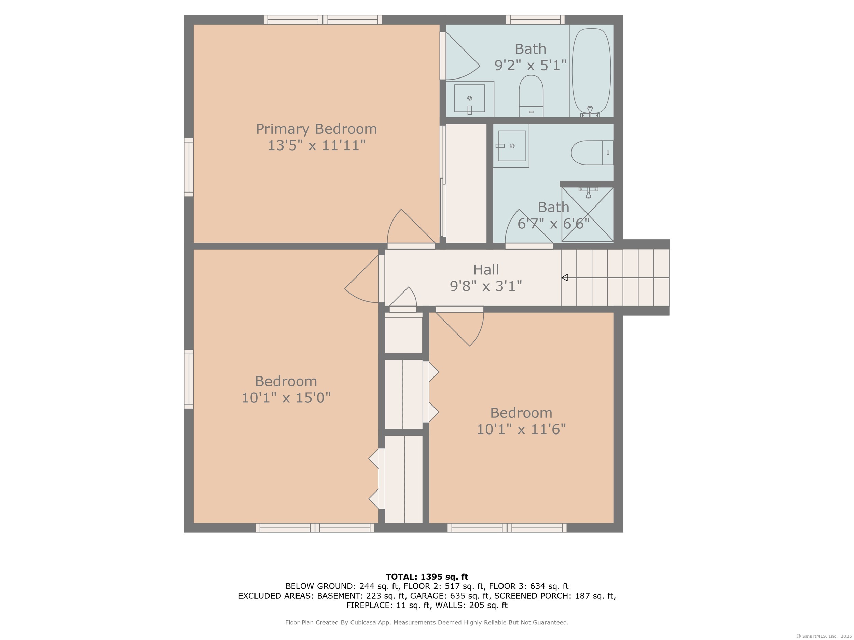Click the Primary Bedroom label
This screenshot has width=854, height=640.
[x=316, y=129]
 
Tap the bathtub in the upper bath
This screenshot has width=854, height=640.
[x=591, y=72]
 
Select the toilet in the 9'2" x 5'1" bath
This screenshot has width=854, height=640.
[x=531, y=96]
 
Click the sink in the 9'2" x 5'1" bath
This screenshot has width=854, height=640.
[x=469, y=98]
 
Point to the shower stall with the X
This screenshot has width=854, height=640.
[x=587, y=214]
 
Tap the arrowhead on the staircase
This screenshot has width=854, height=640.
[x=564, y=278]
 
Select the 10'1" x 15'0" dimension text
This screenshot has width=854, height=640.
[x=286, y=398]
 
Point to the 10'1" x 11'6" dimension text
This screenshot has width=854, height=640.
[x=521, y=429]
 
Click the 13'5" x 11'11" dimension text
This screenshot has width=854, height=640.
[x=317, y=145]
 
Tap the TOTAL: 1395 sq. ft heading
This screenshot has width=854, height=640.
[x=427, y=577]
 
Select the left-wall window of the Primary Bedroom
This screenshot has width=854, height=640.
[x=189, y=167]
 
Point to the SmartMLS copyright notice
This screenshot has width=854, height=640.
[x=824, y=636]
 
